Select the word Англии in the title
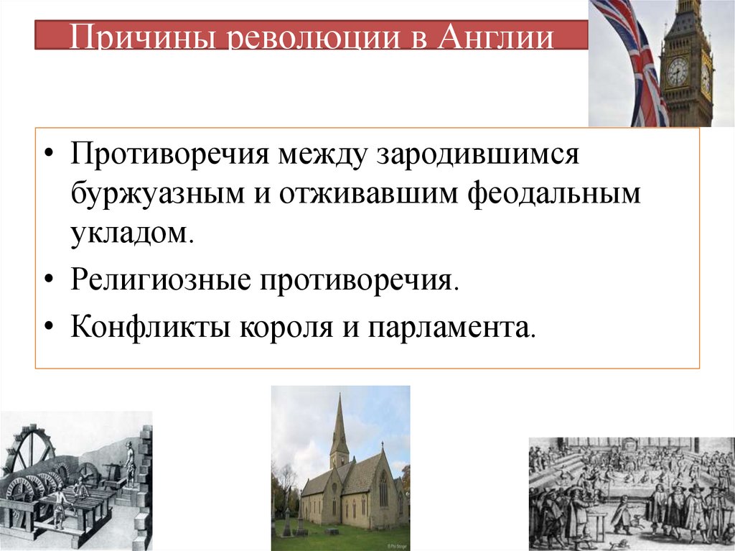(x=503, y=38)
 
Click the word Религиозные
(x=159, y=279)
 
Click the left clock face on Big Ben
(x=676, y=71)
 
